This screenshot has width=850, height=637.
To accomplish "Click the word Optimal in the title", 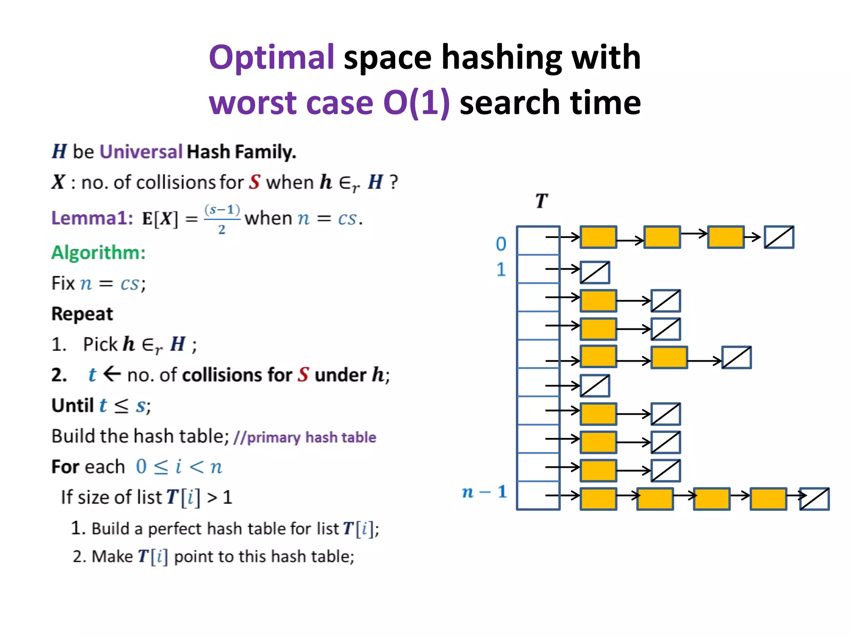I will (272, 57).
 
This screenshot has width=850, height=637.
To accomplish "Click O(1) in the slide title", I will (416, 102).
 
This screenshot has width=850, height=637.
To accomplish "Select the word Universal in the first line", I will (141, 152).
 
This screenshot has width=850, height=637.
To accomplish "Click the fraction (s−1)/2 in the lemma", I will (222, 219).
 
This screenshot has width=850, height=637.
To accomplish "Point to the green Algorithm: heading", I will (98, 253).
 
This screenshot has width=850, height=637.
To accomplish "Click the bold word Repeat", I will (82, 314).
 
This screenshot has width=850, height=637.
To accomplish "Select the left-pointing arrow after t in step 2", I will (112, 374).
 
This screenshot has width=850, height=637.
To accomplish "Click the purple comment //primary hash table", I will (305, 438).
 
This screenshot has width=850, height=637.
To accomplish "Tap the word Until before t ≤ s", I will (73, 406).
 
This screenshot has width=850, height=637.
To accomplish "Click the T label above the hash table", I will (541, 201).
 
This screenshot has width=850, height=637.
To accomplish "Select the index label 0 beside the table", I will (501, 244).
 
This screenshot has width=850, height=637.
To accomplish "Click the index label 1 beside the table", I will (501, 270).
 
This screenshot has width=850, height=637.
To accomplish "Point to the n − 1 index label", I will (484, 492).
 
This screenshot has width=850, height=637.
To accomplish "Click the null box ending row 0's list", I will (779, 237).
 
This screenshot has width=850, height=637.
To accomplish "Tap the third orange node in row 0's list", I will (725, 237).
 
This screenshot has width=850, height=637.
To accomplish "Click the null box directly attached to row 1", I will (595, 272).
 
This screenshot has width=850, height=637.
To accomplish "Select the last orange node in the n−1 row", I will (768, 498).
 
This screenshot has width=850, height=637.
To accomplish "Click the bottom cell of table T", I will (538, 495).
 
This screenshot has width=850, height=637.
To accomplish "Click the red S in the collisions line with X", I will (254, 182).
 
